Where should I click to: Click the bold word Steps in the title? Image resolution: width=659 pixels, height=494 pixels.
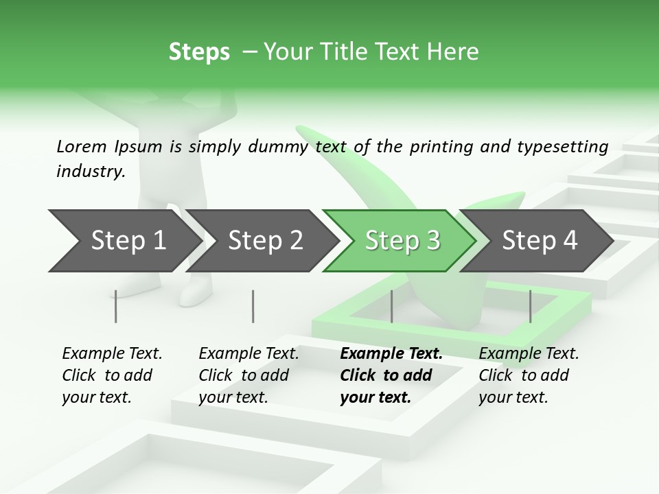point(199,52)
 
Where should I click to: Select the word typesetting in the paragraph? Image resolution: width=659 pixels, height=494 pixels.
point(567,147)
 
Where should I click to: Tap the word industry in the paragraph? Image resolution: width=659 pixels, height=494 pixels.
point(90,171)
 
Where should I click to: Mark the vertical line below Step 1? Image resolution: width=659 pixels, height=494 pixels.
point(116,306)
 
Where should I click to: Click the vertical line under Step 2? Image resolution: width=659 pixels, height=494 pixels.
point(253,306)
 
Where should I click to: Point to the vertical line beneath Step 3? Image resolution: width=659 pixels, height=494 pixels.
point(391,306)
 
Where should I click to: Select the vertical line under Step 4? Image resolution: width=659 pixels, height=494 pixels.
point(530,306)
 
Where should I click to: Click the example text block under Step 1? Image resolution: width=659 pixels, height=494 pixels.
point(112,375)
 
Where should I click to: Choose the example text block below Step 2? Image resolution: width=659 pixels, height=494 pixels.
point(248,375)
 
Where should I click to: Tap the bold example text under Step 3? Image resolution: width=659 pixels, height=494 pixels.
point(391,375)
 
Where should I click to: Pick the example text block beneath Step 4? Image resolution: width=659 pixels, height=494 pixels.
point(529,375)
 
